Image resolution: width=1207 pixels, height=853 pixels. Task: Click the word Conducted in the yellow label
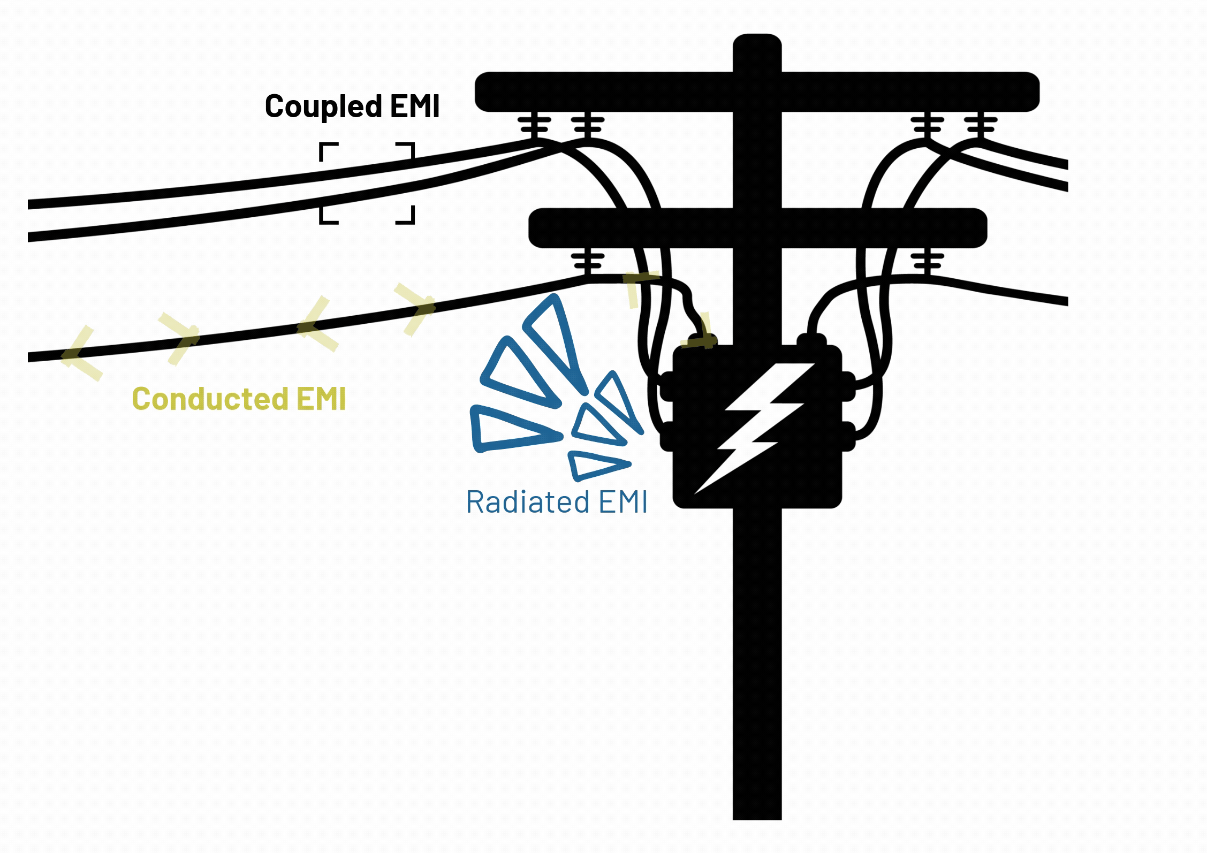coord(210,399)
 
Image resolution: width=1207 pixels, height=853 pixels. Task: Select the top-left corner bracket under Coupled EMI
coord(328,151)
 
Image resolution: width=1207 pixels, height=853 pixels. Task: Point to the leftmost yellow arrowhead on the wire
coord(80,354)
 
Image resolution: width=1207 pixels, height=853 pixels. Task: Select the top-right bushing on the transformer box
coord(811,340)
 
